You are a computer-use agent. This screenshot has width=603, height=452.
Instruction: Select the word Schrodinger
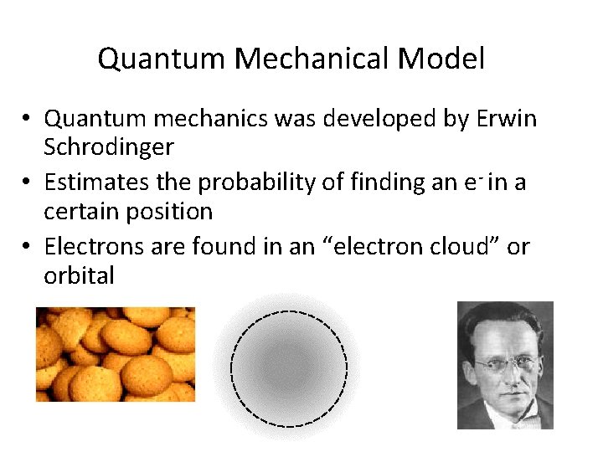tap(109, 147)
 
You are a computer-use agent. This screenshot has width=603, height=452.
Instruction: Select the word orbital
tap(79, 275)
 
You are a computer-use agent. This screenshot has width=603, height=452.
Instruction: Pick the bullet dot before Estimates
tap(27, 182)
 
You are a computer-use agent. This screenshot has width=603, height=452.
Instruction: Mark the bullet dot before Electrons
tap(27, 247)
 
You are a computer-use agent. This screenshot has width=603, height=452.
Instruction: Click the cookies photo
tap(116, 354)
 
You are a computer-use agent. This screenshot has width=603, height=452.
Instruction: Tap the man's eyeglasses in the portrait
tap(507, 362)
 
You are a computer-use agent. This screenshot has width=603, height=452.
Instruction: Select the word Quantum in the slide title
tap(162, 59)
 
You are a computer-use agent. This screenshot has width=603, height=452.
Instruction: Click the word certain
tap(81, 211)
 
